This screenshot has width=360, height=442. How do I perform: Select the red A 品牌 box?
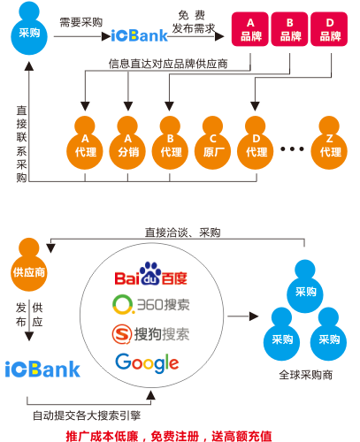point(250,29)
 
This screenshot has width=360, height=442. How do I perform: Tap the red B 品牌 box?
point(289,29)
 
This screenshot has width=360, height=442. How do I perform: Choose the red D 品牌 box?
point(329,29)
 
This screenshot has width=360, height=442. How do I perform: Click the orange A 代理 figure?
point(85,143)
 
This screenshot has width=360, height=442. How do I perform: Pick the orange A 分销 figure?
point(127,143)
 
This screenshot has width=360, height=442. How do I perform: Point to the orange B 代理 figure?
point(170,143)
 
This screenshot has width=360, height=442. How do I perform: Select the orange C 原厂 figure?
point(212,143)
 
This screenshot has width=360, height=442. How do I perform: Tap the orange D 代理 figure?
point(256,143)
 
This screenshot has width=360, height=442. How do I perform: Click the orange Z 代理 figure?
point(329,143)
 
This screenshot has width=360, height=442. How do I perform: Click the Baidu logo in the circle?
point(151,274)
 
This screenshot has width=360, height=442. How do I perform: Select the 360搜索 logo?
point(151,304)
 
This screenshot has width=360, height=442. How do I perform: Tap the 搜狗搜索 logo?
point(150,334)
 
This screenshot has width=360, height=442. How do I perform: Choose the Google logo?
point(147,363)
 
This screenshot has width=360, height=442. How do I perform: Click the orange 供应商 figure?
point(29,265)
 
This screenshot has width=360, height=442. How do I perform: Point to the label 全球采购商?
point(306,375)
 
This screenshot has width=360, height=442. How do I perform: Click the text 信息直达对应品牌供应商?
point(168,64)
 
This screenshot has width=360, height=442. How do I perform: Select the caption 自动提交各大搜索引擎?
point(87,415)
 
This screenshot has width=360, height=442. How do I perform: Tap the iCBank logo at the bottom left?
point(42,369)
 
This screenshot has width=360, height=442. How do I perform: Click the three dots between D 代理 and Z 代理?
point(292,149)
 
